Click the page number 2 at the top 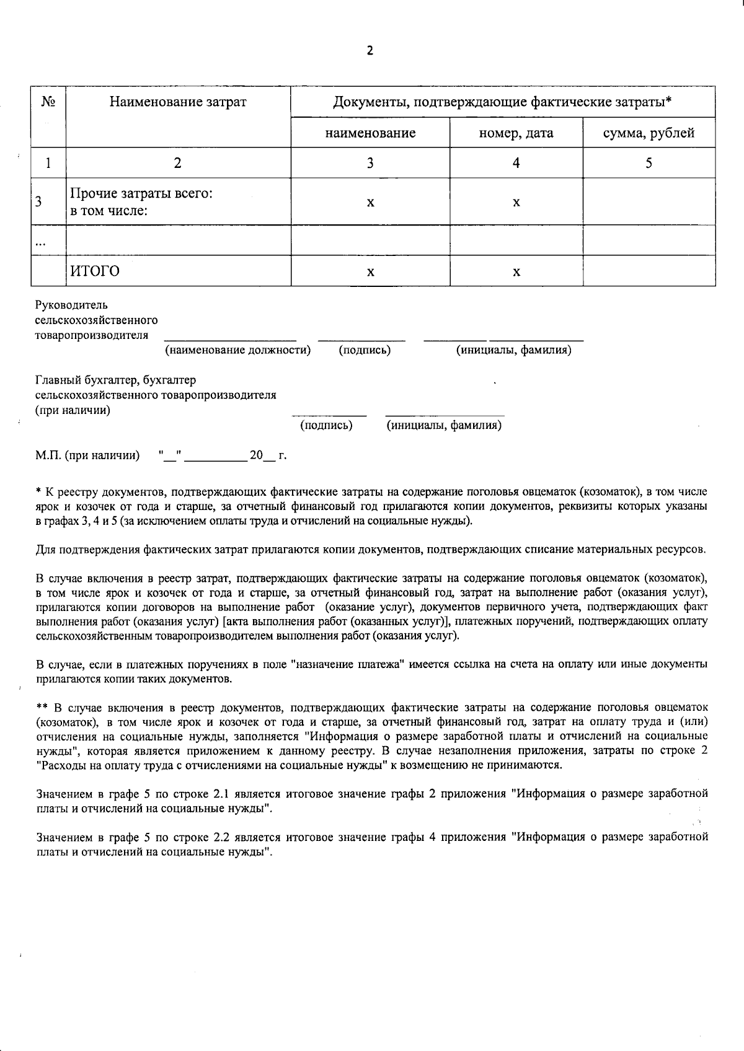(370, 51)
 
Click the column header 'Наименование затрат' (178, 102)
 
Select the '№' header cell (48, 102)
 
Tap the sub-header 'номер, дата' (516, 133)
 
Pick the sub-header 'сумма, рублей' (649, 133)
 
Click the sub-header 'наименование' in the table (370, 133)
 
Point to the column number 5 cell (649, 163)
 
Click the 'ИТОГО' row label (95, 271)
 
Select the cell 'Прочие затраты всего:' (142, 194)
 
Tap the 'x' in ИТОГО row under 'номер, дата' (516, 272)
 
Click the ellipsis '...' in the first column (41, 243)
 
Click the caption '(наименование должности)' (237, 351)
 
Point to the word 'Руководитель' (71, 305)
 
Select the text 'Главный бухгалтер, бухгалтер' (115, 380)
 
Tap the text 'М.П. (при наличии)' (87, 456)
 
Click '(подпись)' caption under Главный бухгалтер (326, 426)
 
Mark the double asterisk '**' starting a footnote (42, 708)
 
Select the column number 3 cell (370, 163)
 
